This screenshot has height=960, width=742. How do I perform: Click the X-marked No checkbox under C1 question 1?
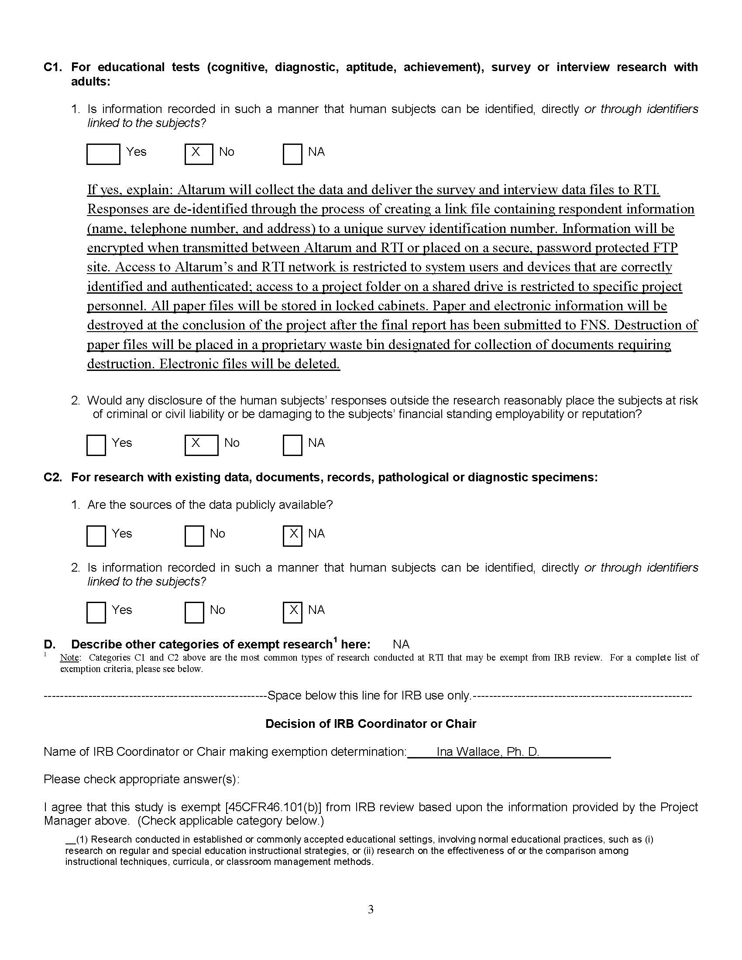[199, 154]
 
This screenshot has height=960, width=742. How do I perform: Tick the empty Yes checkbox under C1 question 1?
[103, 154]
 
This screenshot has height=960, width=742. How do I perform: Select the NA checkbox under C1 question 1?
[292, 154]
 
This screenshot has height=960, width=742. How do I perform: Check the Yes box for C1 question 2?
[96, 445]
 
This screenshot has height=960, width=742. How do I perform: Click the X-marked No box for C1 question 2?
[201, 445]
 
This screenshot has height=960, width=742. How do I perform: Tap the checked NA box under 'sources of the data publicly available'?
[292, 536]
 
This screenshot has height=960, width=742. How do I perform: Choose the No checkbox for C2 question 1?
[194, 536]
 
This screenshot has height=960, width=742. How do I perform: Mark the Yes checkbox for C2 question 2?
[96, 612]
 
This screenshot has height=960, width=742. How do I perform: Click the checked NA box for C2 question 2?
[292, 612]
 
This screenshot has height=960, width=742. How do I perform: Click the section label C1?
[53, 67]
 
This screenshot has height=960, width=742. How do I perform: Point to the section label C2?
[53, 477]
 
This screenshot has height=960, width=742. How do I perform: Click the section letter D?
[49, 645]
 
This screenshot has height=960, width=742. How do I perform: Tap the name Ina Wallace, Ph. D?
[488, 752]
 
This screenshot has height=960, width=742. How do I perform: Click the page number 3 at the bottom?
[371, 909]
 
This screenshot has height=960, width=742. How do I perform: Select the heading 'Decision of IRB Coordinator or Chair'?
[371, 724]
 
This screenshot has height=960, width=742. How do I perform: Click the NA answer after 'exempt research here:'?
[401, 645]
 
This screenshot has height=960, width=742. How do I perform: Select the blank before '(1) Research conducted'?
[70, 840]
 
